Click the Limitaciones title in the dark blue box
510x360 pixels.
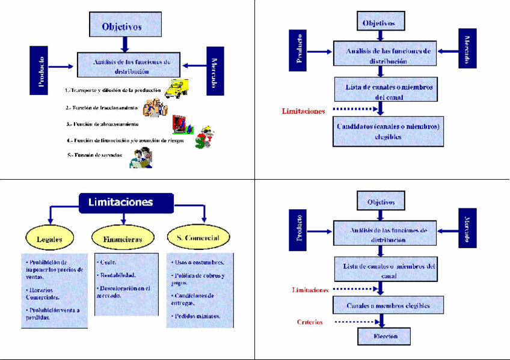[126, 203]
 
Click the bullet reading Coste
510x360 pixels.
[108, 262]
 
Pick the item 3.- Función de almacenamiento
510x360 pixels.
[105, 124]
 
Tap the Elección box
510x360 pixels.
[385, 335]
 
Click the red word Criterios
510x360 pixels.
[310, 322]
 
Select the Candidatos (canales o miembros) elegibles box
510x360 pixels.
[389, 132]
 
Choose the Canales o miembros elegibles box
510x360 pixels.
[388, 305]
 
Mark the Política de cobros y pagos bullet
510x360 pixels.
[198, 279]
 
